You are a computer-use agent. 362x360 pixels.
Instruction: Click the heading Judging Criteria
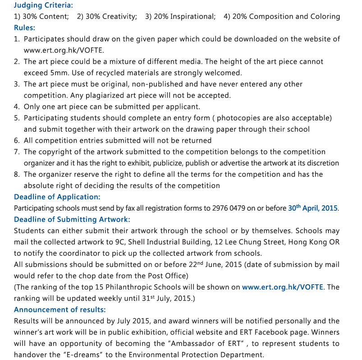pyautogui.click(x=43, y=5)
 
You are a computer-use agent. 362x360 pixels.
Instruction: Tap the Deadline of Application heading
pyautogui.click(x=57, y=197)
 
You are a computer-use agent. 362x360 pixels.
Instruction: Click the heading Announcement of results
pyautogui.click(x=60, y=309)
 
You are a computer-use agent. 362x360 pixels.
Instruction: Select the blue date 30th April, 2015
pyautogui.click(x=313, y=208)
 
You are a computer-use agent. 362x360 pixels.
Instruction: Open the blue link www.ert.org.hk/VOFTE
pyautogui.click(x=283, y=287)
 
